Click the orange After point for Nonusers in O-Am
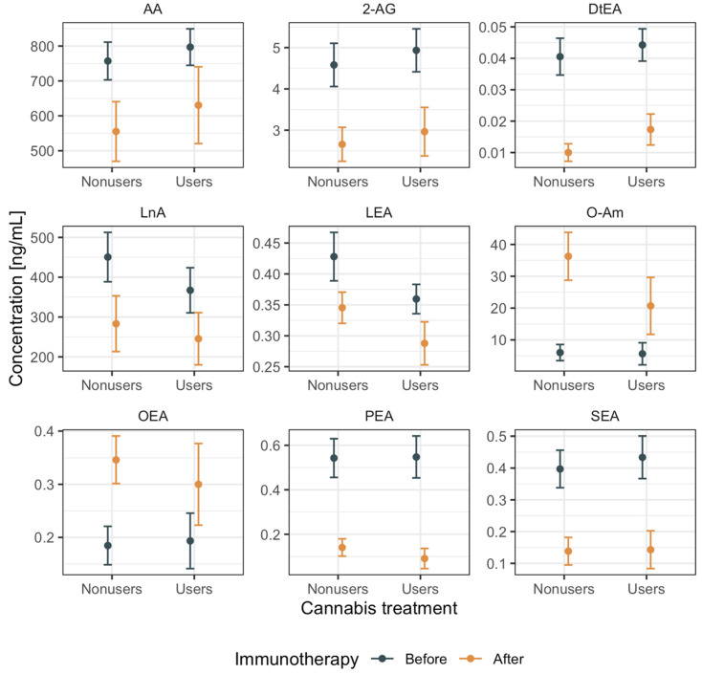click(569, 256)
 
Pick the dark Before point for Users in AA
click(192, 47)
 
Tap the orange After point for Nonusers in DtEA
click(569, 152)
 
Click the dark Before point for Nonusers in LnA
click(108, 256)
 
